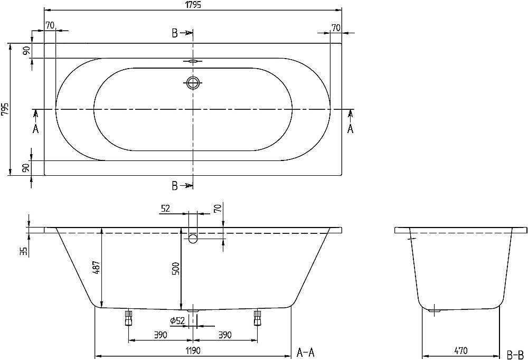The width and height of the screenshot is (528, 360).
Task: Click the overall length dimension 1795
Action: pyautogui.click(x=193, y=5)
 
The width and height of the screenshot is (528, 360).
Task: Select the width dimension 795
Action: pyautogui.click(x=5, y=109)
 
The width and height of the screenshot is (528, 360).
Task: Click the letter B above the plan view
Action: pyautogui.click(x=174, y=34)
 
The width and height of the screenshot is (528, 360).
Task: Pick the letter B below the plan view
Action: pyautogui.click(x=174, y=185)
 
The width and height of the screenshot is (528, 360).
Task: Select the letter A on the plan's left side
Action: pyautogui.click(x=36, y=128)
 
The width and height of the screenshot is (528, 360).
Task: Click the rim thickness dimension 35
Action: pyautogui.click(x=23, y=251)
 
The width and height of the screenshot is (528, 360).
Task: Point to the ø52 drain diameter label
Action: pyautogui.click(x=177, y=320)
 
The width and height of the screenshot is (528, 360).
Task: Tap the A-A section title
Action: pyautogui.click(x=307, y=352)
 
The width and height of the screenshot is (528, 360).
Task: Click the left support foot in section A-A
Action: pyautogui.click(x=128, y=318)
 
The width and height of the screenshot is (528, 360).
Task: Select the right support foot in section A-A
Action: pyautogui.click(x=258, y=318)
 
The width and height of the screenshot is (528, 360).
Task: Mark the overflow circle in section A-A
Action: pyautogui.click(x=193, y=239)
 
